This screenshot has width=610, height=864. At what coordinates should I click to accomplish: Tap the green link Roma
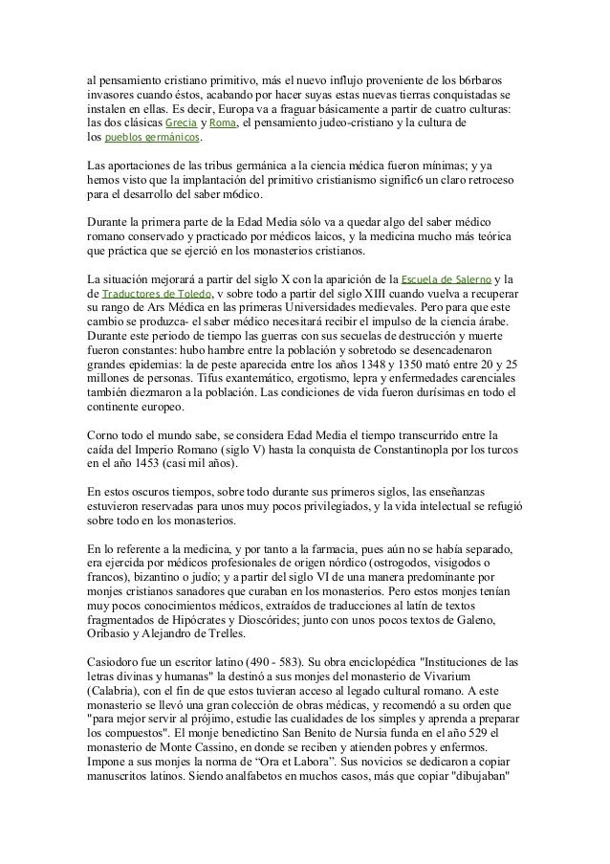point(222,123)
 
